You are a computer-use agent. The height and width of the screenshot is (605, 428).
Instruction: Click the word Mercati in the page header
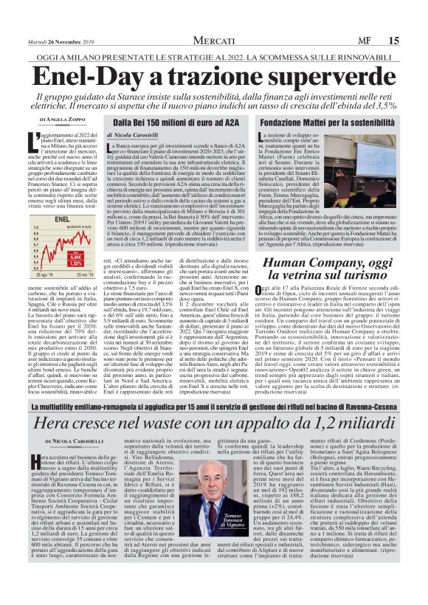(214, 20)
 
